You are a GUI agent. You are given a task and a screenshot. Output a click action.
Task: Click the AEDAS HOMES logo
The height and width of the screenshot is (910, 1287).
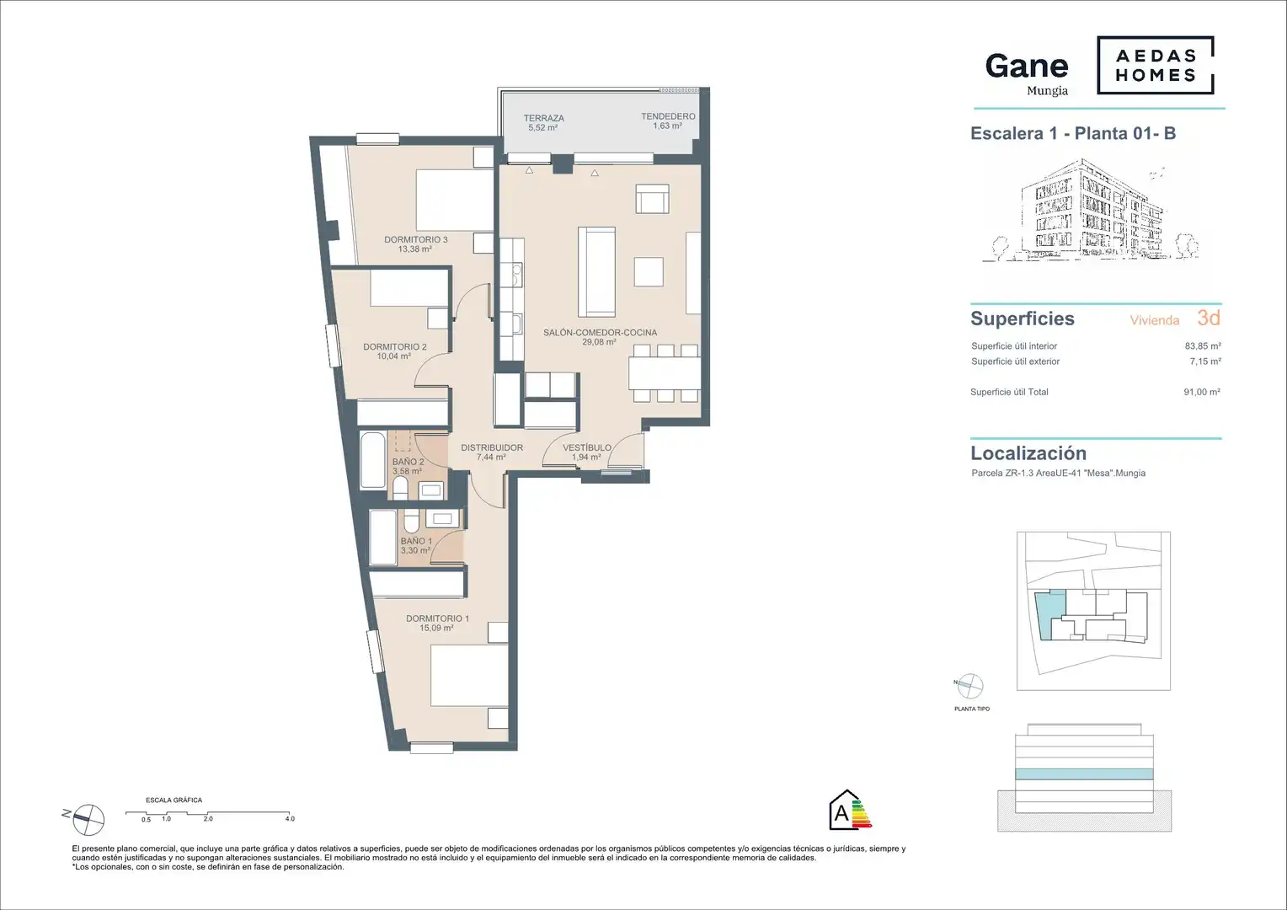(x=1156, y=65)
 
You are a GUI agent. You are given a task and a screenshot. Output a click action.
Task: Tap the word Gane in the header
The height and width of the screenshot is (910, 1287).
(x=1027, y=66)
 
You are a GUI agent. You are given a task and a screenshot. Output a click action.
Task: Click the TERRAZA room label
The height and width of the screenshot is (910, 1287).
(x=543, y=118)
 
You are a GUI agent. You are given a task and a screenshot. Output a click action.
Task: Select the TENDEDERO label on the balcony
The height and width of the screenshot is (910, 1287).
(x=668, y=116)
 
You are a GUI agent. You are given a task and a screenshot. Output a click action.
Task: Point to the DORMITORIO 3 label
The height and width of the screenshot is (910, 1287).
(x=416, y=239)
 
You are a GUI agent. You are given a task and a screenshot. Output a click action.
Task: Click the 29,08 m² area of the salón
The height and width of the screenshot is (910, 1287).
(x=599, y=342)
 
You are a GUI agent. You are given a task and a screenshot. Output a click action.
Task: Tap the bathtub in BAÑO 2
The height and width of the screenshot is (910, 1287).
(x=373, y=460)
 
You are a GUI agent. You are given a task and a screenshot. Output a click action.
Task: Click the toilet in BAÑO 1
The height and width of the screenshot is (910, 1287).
(x=411, y=522)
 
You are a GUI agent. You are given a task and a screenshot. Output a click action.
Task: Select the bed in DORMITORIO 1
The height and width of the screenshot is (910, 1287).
(x=469, y=676)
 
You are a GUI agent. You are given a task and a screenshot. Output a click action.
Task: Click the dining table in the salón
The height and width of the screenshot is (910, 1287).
(x=665, y=373)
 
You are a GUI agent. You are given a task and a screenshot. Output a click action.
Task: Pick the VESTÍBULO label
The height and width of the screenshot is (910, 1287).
(x=587, y=447)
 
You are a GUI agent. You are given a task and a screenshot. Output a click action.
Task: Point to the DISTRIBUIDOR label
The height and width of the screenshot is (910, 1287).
(x=492, y=447)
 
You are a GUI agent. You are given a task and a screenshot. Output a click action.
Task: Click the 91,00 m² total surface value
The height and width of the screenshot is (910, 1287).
(x=1202, y=392)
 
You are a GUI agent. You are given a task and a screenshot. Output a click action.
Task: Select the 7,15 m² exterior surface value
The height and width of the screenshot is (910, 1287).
(x=1204, y=361)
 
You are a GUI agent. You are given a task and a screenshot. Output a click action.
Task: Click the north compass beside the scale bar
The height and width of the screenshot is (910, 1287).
(x=88, y=819)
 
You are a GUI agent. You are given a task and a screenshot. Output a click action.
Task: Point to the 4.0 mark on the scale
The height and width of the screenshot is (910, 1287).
(x=290, y=819)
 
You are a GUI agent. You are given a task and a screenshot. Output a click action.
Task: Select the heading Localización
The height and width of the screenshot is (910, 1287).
(x=1028, y=453)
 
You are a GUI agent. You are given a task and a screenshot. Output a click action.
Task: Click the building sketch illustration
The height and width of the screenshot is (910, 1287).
(x=1090, y=211)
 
